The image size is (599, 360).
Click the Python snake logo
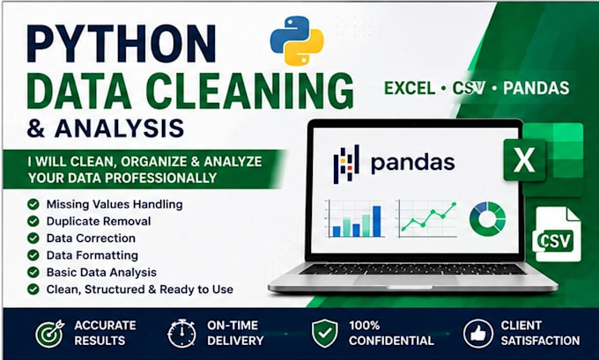tap(297, 40)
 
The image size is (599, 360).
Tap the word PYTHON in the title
tap(122, 43)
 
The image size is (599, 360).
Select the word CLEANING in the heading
tap(249, 92)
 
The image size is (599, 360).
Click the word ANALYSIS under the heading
tap(119, 129)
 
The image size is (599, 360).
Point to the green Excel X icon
tap(524, 160)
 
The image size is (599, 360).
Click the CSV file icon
tap(557, 234)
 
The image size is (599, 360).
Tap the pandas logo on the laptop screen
tap(394, 164)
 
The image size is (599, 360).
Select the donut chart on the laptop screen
tap(487, 219)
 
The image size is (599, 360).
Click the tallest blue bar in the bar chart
tap(377, 222)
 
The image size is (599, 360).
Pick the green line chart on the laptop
tap(428, 217)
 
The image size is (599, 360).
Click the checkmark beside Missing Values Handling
tap(33, 204)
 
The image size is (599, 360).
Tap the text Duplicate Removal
tap(99, 222)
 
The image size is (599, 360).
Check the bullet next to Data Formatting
tap(33, 255)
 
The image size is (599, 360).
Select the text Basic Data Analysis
tap(101, 272)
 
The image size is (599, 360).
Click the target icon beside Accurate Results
tap(49, 334)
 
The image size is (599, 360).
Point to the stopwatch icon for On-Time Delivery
tap(181, 334)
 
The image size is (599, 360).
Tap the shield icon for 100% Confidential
tap(325, 334)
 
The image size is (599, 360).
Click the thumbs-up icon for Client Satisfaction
tap(478, 334)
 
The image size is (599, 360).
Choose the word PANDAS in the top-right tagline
tap(536, 88)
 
